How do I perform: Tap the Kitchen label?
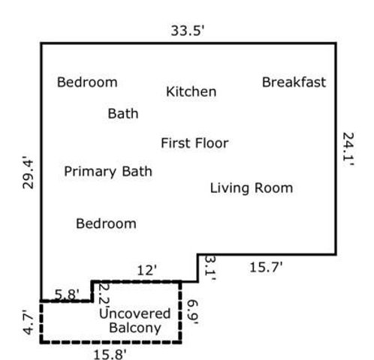tap(191, 91)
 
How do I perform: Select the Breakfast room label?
tap(294, 82)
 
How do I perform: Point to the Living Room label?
tap(251, 187)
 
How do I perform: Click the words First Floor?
tap(195, 142)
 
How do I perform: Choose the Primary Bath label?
tap(107, 172)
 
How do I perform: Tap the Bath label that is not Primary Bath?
tap(123, 114)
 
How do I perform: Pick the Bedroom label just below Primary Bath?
tap(107, 223)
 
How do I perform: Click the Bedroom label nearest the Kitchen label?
tap(87, 82)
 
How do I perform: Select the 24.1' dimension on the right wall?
tap(348, 150)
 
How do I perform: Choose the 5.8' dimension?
tap(68, 294)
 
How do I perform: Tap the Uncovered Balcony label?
tap(134, 320)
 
